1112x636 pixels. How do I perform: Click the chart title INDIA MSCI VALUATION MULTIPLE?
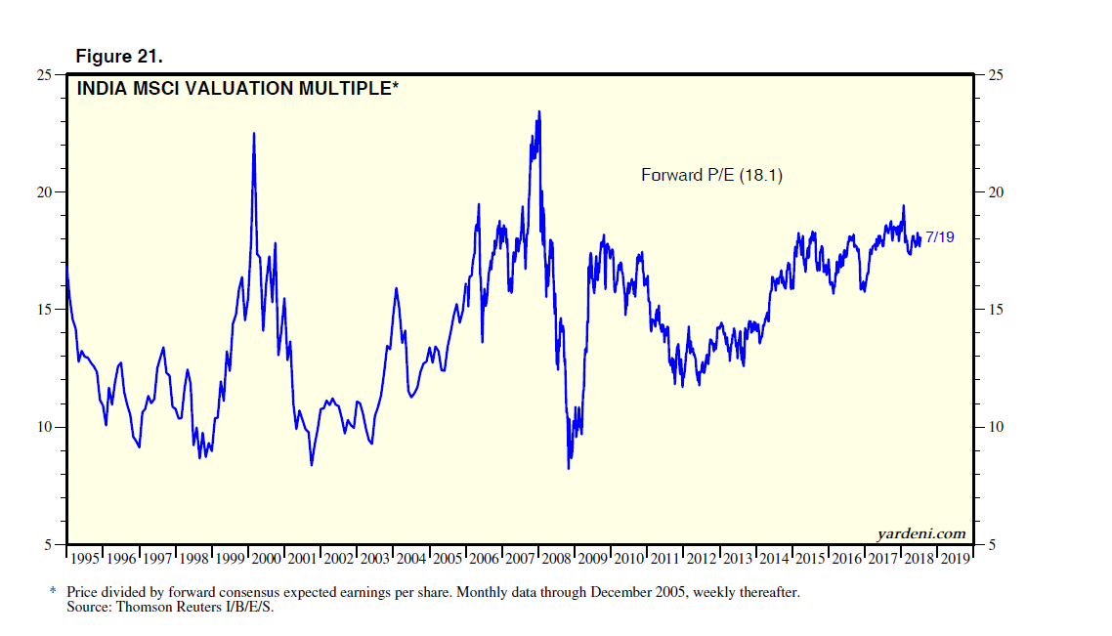pos(238,89)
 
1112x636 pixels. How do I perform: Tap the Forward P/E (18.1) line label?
pos(711,176)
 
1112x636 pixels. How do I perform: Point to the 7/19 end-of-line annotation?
pos(939,236)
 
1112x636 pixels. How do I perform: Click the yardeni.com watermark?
pos(922,532)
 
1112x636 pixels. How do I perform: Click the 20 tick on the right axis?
pos(989,192)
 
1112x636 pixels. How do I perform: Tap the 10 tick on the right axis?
pos(989,427)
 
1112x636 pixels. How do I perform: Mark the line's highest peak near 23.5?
pos(538,111)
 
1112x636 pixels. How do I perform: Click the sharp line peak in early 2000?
pos(254,133)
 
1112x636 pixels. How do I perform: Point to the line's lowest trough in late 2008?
pos(569,468)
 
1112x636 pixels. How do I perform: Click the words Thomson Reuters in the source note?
pos(162,607)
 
